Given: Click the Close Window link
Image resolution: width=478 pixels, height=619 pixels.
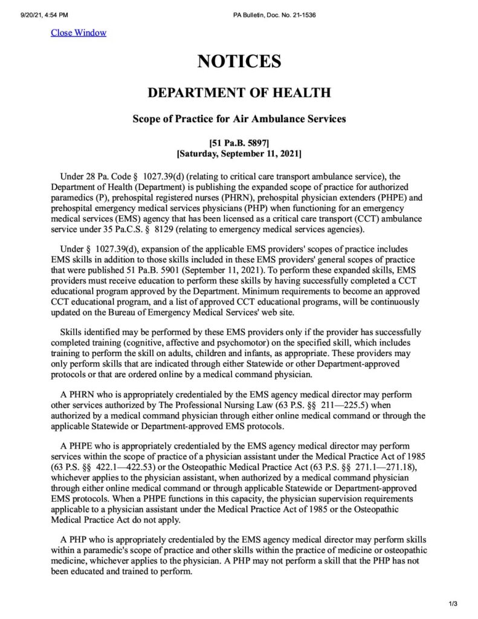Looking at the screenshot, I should [x=78, y=33].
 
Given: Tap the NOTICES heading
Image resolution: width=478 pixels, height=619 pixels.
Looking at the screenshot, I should [x=239, y=61].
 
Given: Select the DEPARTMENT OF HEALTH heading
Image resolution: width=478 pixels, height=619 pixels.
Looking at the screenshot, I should [x=239, y=93].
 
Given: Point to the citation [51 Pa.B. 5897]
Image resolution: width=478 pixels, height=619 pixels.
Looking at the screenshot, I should [x=239, y=143].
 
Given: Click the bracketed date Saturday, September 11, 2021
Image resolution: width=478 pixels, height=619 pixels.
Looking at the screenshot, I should [x=239, y=154].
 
